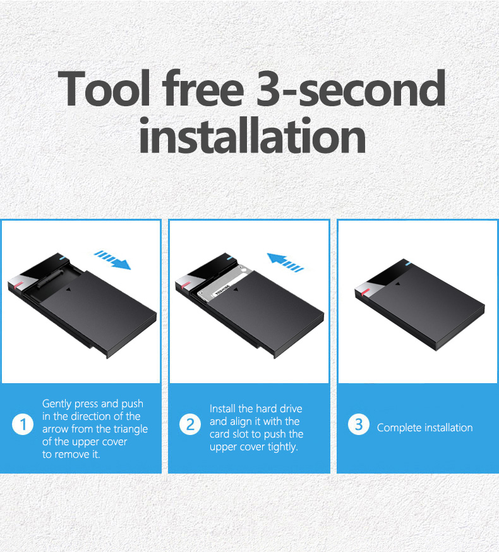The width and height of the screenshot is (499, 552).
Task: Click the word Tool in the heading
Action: click(x=105, y=89)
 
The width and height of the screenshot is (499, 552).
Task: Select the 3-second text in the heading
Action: click(x=351, y=89)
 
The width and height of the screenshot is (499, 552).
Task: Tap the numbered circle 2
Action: click(x=190, y=424)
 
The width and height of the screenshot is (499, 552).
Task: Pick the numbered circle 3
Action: click(x=358, y=424)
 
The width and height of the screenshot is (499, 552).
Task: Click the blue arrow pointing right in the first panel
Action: click(x=113, y=259)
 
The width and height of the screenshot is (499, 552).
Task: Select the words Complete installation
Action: click(x=424, y=428)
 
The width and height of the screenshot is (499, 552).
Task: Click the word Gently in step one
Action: click(x=57, y=403)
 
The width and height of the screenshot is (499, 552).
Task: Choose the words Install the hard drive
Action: click(x=256, y=409)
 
